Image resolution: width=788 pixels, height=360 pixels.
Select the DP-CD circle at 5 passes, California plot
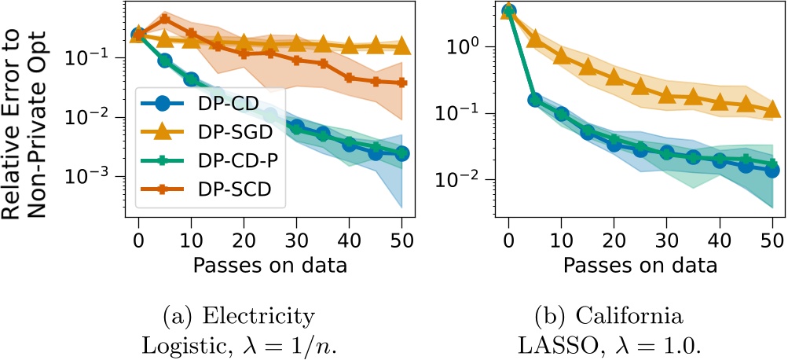coord(535,100)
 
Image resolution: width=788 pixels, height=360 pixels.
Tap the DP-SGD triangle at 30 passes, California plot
coord(666,95)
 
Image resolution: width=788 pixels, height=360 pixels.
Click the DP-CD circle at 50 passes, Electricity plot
coord(401,154)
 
